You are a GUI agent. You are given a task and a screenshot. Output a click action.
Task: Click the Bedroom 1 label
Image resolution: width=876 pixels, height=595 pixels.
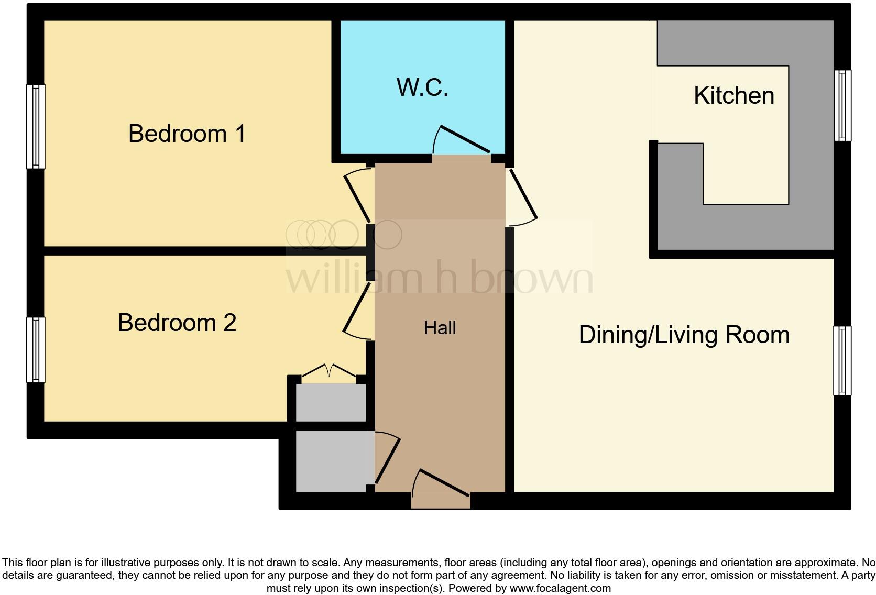(187, 134)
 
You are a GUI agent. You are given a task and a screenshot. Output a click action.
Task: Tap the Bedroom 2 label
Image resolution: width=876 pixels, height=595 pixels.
(177, 323)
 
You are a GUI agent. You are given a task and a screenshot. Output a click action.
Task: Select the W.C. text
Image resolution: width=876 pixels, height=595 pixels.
(422, 87)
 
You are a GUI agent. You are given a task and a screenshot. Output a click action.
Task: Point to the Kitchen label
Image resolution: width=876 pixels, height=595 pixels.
(733, 96)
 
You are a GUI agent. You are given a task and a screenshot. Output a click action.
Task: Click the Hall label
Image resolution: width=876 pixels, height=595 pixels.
(440, 328)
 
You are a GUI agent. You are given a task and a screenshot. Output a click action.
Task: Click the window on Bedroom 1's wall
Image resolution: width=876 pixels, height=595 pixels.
(36, 126)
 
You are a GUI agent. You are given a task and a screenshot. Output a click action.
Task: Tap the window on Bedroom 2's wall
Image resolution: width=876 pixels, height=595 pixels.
(36, 349)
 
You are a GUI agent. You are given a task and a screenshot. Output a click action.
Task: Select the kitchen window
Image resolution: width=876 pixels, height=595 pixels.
(842, 105)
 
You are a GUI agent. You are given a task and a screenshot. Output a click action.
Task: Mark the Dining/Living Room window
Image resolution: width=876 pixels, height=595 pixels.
(841, 360)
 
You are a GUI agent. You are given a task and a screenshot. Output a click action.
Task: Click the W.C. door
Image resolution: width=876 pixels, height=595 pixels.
(461, 140)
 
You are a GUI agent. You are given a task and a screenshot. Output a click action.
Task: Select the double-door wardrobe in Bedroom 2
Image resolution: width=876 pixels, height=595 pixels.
(331, 401)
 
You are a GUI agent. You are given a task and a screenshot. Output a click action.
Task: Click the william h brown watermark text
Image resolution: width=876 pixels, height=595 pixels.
(439, 278)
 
